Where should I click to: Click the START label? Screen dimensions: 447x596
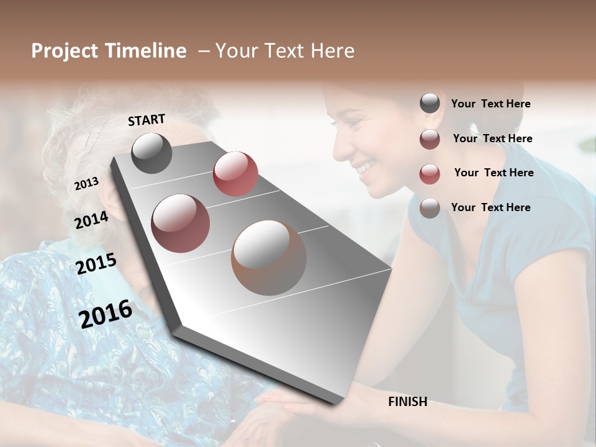coord(147,120)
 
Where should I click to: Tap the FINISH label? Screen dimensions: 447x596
coord(407,402)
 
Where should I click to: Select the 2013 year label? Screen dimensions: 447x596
coord(86,183)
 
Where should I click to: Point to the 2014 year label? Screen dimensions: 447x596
coord(91,220)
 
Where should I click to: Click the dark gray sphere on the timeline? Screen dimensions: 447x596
coord(151,153)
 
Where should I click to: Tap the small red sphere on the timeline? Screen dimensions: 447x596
coord(235,174)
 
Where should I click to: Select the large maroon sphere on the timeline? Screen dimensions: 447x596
coord(180,223)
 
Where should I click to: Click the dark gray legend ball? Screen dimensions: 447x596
coord(430,104)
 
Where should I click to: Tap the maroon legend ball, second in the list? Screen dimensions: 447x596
coord(430,139)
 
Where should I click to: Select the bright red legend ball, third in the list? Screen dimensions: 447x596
coord(430,173)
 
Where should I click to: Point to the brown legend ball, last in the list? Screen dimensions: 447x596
coord(430,208)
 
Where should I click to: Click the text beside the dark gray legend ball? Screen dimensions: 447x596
coord(490,104)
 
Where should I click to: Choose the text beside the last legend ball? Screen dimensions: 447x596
coord(490,207)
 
